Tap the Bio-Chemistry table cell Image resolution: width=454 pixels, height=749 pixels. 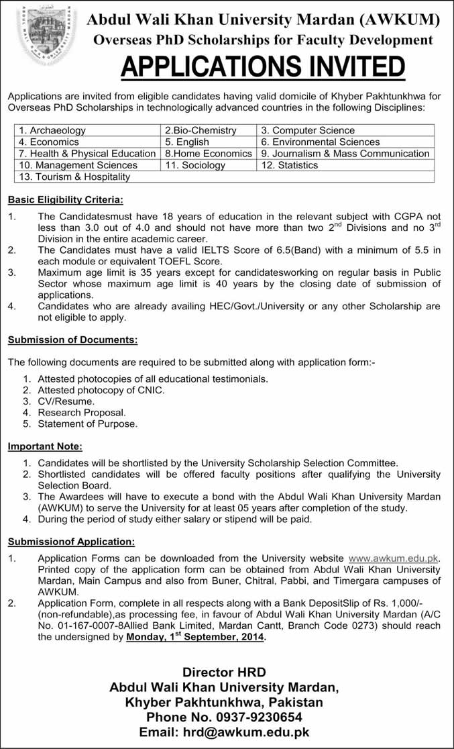click(201, 130)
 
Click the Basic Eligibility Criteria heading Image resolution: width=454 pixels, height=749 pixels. click(65, 199)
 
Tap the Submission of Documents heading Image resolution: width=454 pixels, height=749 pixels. click(72, 340)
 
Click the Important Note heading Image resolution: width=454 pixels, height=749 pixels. click(45, 446)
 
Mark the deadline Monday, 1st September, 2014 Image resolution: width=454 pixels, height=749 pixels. click(196, 638)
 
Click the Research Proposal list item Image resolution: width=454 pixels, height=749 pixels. click(82, 413)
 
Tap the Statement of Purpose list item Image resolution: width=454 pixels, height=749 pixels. click(87, 424)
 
